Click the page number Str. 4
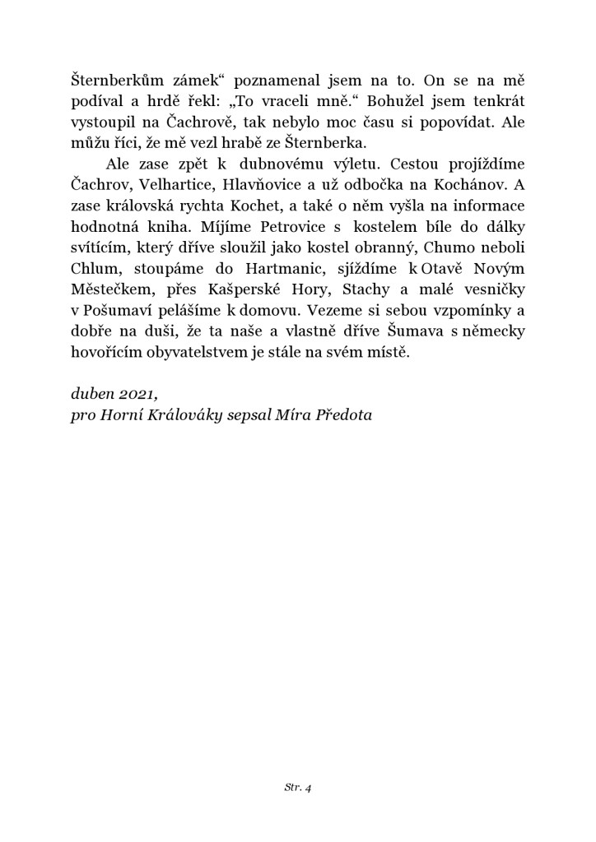pyautogui.click(x=297, y=787)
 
